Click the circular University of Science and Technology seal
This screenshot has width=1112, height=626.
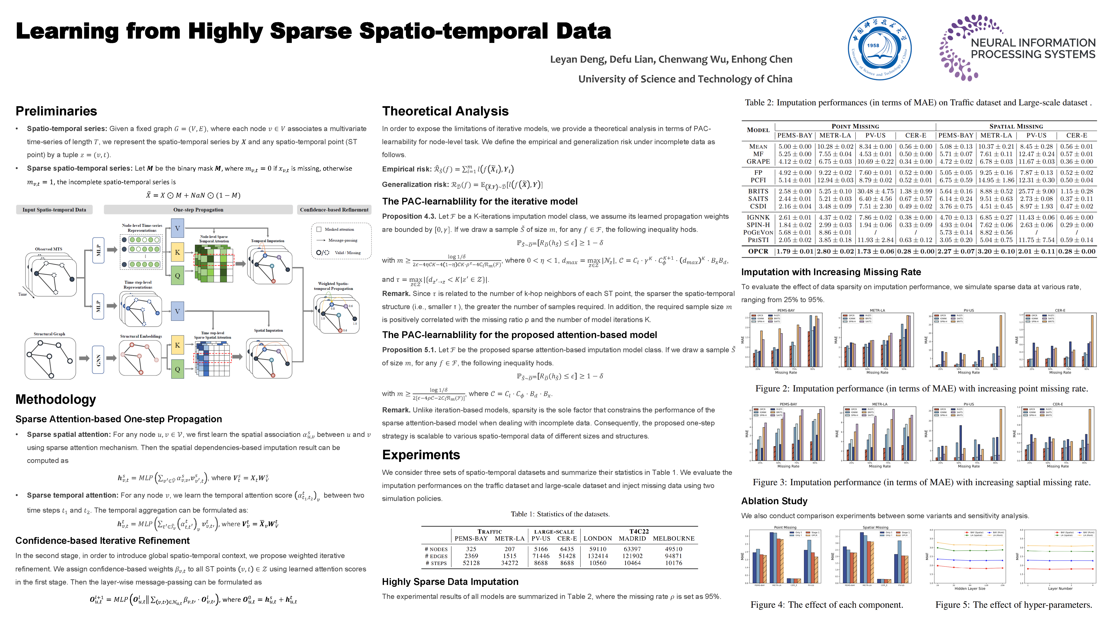(879, 48)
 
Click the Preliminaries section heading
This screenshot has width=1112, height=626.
(56, 111)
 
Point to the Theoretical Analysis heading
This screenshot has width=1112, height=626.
(445, 111)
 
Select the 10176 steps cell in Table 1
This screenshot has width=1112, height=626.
(673, 563)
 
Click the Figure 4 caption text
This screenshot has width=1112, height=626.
(827, 605)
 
